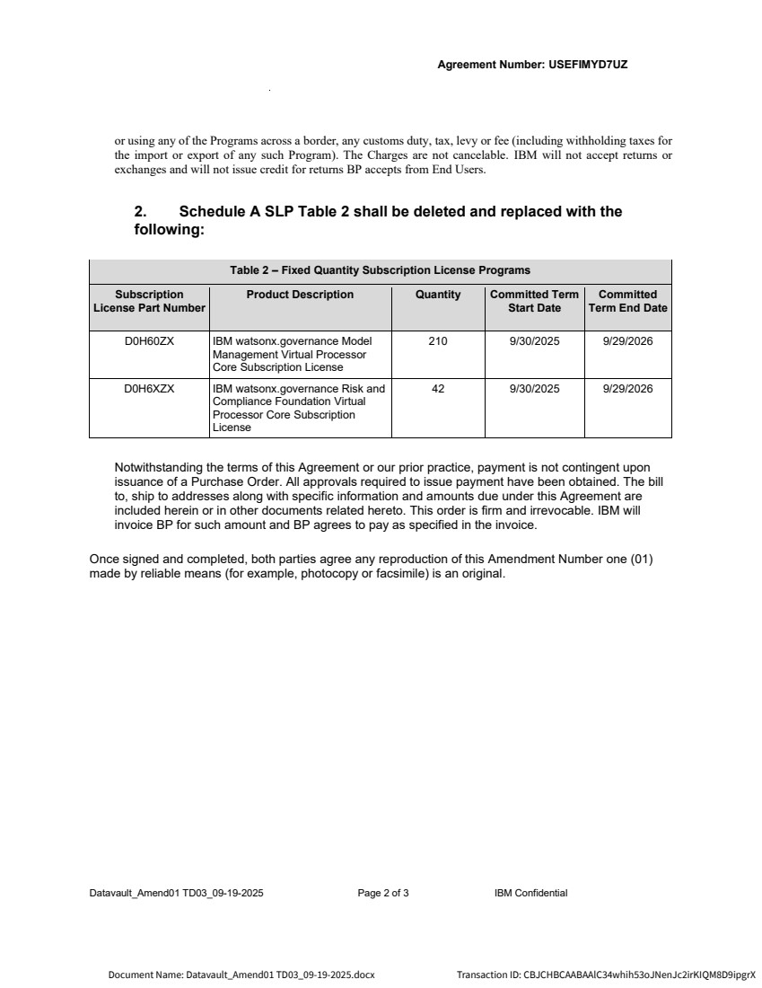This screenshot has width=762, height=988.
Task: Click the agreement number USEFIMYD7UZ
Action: tap(588, 65)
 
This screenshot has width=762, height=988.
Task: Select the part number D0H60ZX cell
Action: tap(149, 342)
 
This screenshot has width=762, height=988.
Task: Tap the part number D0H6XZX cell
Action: tap(149, 390)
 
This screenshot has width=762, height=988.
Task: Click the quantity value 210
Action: tap(438, 342)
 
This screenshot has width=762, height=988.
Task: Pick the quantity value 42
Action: tap(438, 390)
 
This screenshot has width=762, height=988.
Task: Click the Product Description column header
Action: tap(300, 295)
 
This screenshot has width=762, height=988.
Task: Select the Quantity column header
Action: tap(438, 295)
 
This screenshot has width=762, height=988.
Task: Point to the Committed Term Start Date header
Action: tap(534, 301)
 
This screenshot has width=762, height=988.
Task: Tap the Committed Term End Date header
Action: tap(627, 301)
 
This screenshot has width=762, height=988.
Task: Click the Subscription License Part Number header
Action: tap(149, 301)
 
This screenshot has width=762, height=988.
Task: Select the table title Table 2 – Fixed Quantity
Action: tap(380, 270)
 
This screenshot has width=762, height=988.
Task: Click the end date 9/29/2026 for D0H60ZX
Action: tap(627, 342)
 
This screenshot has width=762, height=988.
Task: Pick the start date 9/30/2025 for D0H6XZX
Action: tap(534, 390)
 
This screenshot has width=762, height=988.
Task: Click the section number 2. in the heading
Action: tap(140, 212)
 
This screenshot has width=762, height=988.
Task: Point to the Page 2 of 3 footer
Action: tap(383, 893)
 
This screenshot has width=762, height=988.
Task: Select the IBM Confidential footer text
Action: tap(530, 893)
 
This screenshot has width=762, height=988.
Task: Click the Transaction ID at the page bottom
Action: tap(606, 975)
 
